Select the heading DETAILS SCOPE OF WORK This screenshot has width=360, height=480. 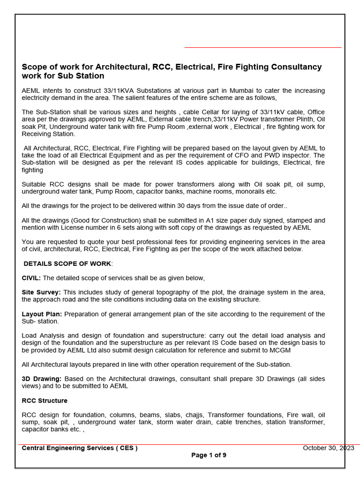[x=67, y=263]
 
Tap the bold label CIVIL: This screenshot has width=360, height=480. [x=31, y=278]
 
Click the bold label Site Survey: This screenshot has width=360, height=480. [x=41, y=292]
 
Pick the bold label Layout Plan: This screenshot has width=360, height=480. [x=42, y=314]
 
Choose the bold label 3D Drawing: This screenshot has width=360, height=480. [x=42, y=379]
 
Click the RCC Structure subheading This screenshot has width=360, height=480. [x=45, y=401]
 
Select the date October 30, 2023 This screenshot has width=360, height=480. [x=328, y=448]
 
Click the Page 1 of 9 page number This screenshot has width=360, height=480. [x=209, y=455]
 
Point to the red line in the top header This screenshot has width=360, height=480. [x=262, y=47]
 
